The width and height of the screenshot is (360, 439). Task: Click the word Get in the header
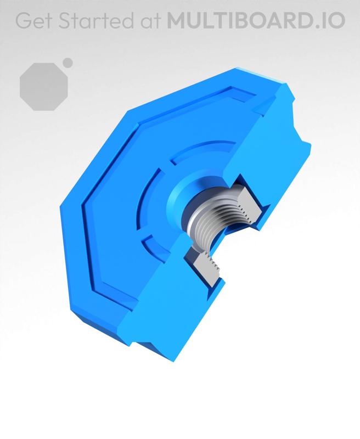coord(33,20)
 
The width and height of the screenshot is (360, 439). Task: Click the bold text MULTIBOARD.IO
coord(256,20)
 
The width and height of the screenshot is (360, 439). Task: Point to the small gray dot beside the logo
coord(68,63)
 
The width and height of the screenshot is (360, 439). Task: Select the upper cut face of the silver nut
coord(250,203)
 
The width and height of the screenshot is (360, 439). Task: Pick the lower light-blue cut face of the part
coord(165,307)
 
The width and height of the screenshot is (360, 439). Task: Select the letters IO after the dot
coord(335,20)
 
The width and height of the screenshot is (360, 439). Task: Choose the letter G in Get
coord(22,20)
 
